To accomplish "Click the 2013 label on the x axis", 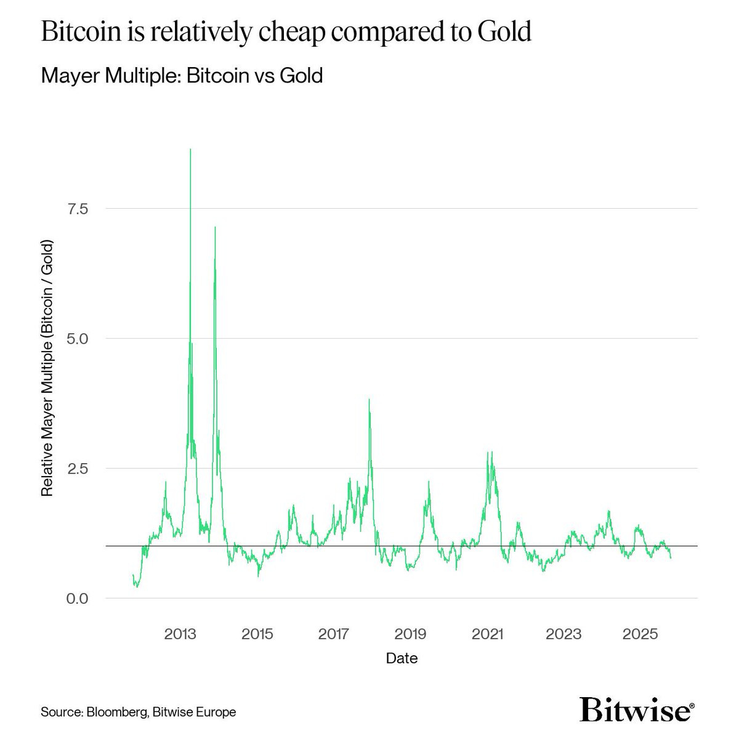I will pos(180,634).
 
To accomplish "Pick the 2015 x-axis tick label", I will pos(257,634).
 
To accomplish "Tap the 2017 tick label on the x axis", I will pos(334,634).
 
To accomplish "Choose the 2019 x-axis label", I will pos(410,634).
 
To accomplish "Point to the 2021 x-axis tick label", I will pos(487,634).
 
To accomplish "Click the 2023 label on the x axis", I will pos(563,634).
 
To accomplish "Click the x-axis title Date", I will pos(402,658).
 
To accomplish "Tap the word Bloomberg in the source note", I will pos(116,713).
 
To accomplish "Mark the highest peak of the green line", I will pos(190,150).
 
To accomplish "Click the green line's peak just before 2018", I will pos(369,400).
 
